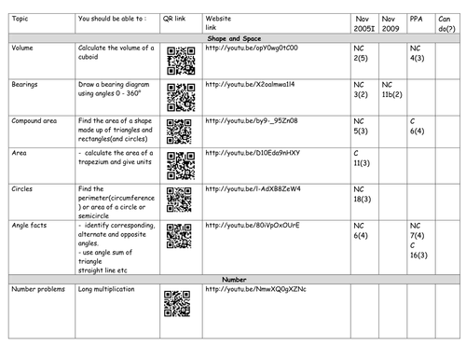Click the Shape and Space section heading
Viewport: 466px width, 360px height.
coord(233,36)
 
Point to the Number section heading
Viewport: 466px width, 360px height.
coord(233,279)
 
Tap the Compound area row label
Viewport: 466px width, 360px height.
coord(35,120)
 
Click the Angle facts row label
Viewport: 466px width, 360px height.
coord(30,225)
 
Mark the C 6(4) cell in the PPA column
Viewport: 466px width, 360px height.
coord(418,127)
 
